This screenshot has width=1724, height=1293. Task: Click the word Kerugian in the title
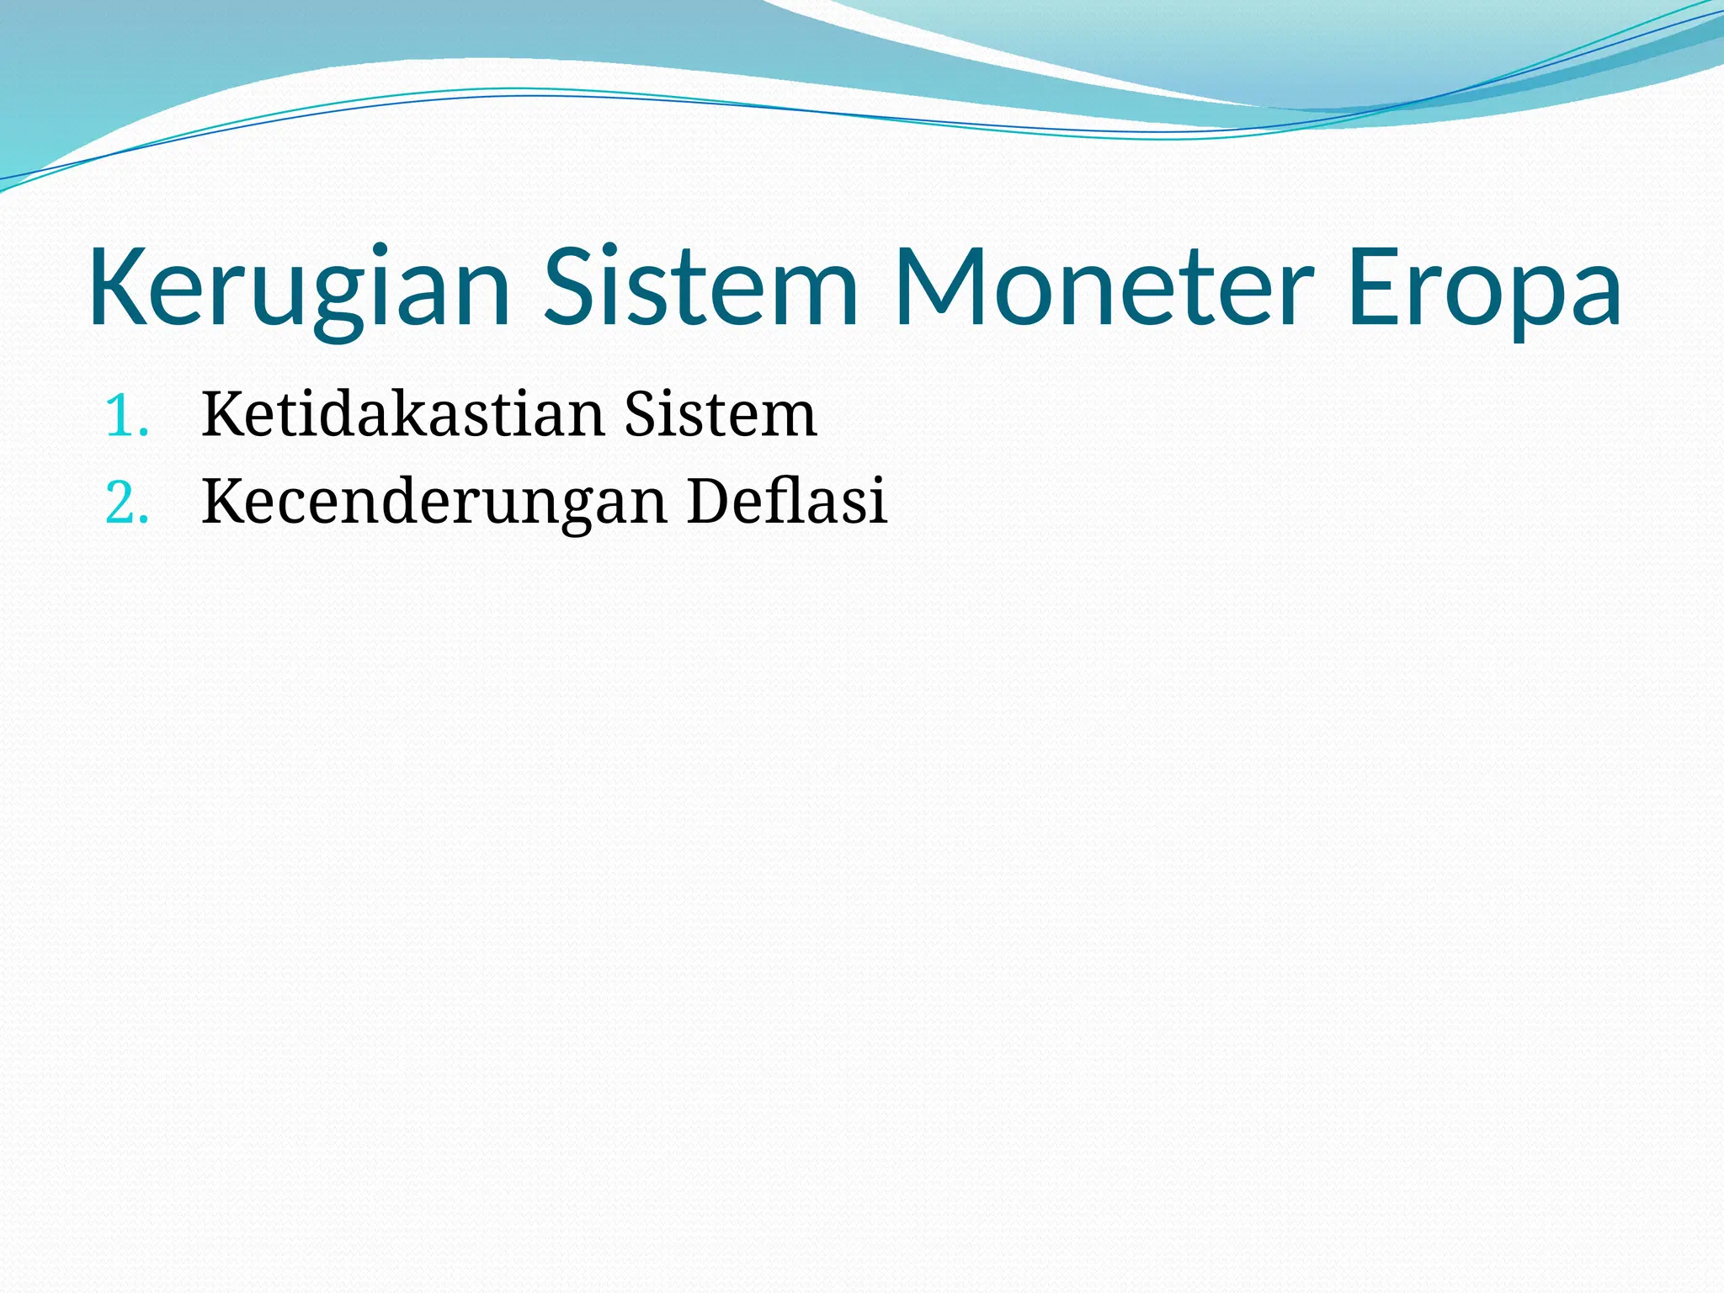pyautogui.click(x=299, y=288)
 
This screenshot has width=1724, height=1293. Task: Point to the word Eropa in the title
pyautogui.click(x=1483, y=288)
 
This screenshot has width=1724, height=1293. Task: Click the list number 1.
pyautogui.click(x=126, y=416)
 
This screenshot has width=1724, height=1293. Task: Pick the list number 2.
pyautogui.click(x=126, y=503)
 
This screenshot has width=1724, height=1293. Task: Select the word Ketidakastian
pyautogui.click(x=402, y=414)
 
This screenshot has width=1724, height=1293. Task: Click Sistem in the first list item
pyautogui.click(x=721, y=414)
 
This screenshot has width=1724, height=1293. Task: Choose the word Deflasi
pyautogui.click(x=787, y=500)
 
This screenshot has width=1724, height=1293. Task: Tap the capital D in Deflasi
pyautogui.click(x=709, y=501)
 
